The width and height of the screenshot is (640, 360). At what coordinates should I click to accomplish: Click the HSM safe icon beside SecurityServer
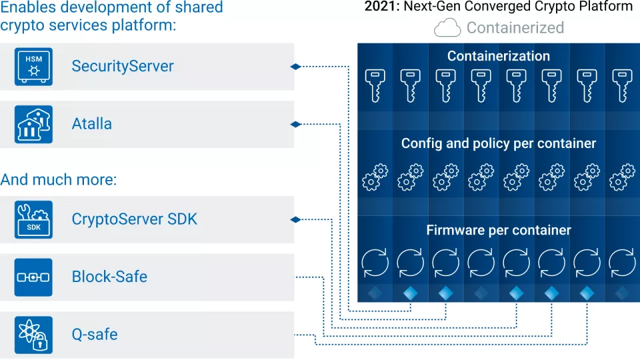point(33,67)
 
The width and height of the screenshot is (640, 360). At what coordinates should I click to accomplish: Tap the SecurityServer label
point(123,67)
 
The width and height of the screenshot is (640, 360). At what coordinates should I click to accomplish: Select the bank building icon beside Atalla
point(33,124)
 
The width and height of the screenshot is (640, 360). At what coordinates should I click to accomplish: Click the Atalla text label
point(92,124)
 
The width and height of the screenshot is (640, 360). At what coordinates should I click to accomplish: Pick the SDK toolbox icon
point(33,219)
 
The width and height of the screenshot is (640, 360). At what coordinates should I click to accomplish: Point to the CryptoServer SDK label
point(135,219)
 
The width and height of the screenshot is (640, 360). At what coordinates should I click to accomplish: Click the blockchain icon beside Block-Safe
point(33,277)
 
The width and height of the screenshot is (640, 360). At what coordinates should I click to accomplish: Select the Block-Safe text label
point(109,277)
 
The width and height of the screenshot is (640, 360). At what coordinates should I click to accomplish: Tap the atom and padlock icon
point(33,334)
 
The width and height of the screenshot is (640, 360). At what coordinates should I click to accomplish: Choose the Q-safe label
point(95,334)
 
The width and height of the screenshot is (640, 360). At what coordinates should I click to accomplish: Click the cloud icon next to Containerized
point(447,28)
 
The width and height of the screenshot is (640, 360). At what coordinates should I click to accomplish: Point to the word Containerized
point(515,28)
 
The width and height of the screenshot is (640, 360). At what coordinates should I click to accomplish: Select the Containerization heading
point(499,56)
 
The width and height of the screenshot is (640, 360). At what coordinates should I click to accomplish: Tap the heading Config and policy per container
point(499,143)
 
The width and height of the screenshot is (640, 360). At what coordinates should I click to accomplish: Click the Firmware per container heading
point(499,231)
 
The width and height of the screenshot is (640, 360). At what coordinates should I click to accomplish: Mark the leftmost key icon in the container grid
point(375,86)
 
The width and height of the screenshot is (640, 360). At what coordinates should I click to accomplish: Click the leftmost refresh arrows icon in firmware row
point(375,263)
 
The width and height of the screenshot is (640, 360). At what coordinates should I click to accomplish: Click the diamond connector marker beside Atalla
point(295,124)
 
